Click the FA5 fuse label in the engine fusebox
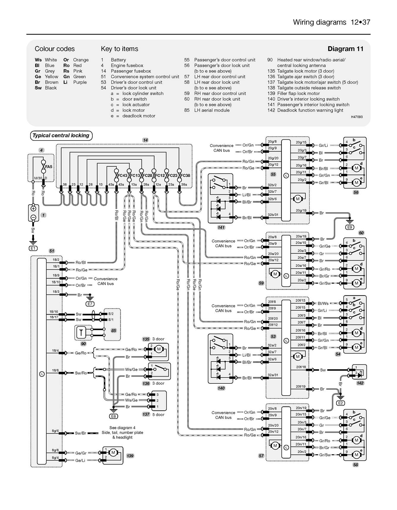tap(49, 167)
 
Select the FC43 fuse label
tap(122, 176)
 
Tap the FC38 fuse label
tap(185, 176)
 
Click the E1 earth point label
tap(33, 248)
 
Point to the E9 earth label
tap(349, 227)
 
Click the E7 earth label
tap(90, 304)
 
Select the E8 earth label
tap(114, 416)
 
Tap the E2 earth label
tap(341, 403)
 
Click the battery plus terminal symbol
tap(33, 209)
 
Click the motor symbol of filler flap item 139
tap(113, 453)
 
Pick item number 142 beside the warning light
tap(360, 383)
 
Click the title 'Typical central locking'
tap(61, 135)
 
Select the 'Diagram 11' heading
tap(345, 49)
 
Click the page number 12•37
tap(360, 22)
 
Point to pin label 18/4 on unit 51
tap(55, 350)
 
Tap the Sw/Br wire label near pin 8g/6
tap(80, 433)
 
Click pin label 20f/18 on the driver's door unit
tap(301, 367)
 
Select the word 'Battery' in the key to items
tap(118, 60)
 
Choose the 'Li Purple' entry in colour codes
tap(75, 82)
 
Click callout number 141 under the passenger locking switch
tap(221, 227)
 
